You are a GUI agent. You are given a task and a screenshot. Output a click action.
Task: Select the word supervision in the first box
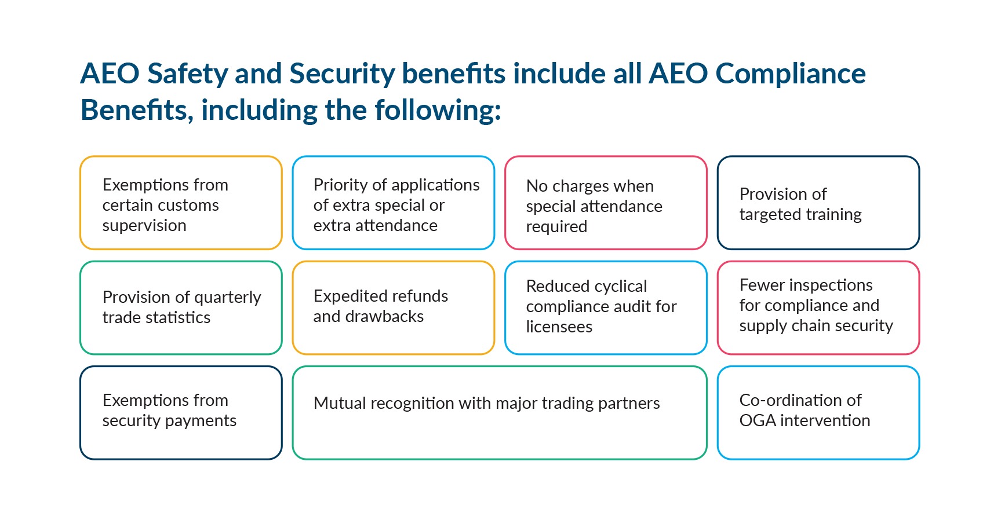(x=144, y=226)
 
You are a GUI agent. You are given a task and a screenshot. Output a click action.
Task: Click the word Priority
(x=340, y=185)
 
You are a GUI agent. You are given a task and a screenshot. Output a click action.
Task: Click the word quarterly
(x=228, y=298)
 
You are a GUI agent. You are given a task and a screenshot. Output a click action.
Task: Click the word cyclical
(x=620, y=286)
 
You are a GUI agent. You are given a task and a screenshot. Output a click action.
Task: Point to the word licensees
(x=559, y=327)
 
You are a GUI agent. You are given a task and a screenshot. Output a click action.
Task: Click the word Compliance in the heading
(x=791, y=74)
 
